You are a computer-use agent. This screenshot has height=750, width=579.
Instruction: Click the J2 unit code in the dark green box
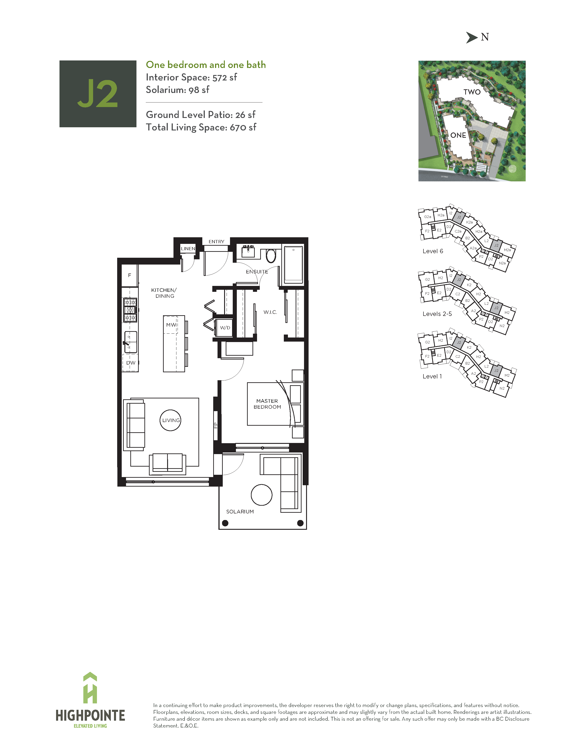[x=98, y=94]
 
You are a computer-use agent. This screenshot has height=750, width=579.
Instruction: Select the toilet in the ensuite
[x=271, y=255]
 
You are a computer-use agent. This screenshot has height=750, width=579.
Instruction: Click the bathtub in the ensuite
[x=293, y=264]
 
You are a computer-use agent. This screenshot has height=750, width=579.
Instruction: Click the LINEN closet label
[x=188, y=249]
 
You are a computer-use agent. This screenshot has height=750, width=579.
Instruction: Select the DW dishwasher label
[x=131, y=363]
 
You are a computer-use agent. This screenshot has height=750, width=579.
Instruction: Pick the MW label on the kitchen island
[x=171, y=325]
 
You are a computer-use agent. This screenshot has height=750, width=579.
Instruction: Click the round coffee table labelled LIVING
[x=171, y=420]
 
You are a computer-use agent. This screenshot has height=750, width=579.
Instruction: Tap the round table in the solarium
[x=261, y=495]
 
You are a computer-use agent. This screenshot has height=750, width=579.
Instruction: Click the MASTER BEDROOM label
[x=267, y=404]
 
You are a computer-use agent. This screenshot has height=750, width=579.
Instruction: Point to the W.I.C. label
[x=270, y=312]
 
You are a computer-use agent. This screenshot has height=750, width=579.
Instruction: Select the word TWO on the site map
[x=472, y=92]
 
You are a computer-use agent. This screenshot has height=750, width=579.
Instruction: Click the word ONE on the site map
[x=458, y=135]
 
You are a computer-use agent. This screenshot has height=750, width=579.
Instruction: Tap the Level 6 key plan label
[x=433, y=251]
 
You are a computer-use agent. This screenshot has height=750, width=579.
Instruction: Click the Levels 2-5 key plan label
[x=437, y=314]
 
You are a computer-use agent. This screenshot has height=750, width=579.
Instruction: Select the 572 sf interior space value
[x=225, y=77]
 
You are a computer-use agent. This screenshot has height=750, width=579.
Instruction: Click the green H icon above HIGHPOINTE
[x=90, y=688]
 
